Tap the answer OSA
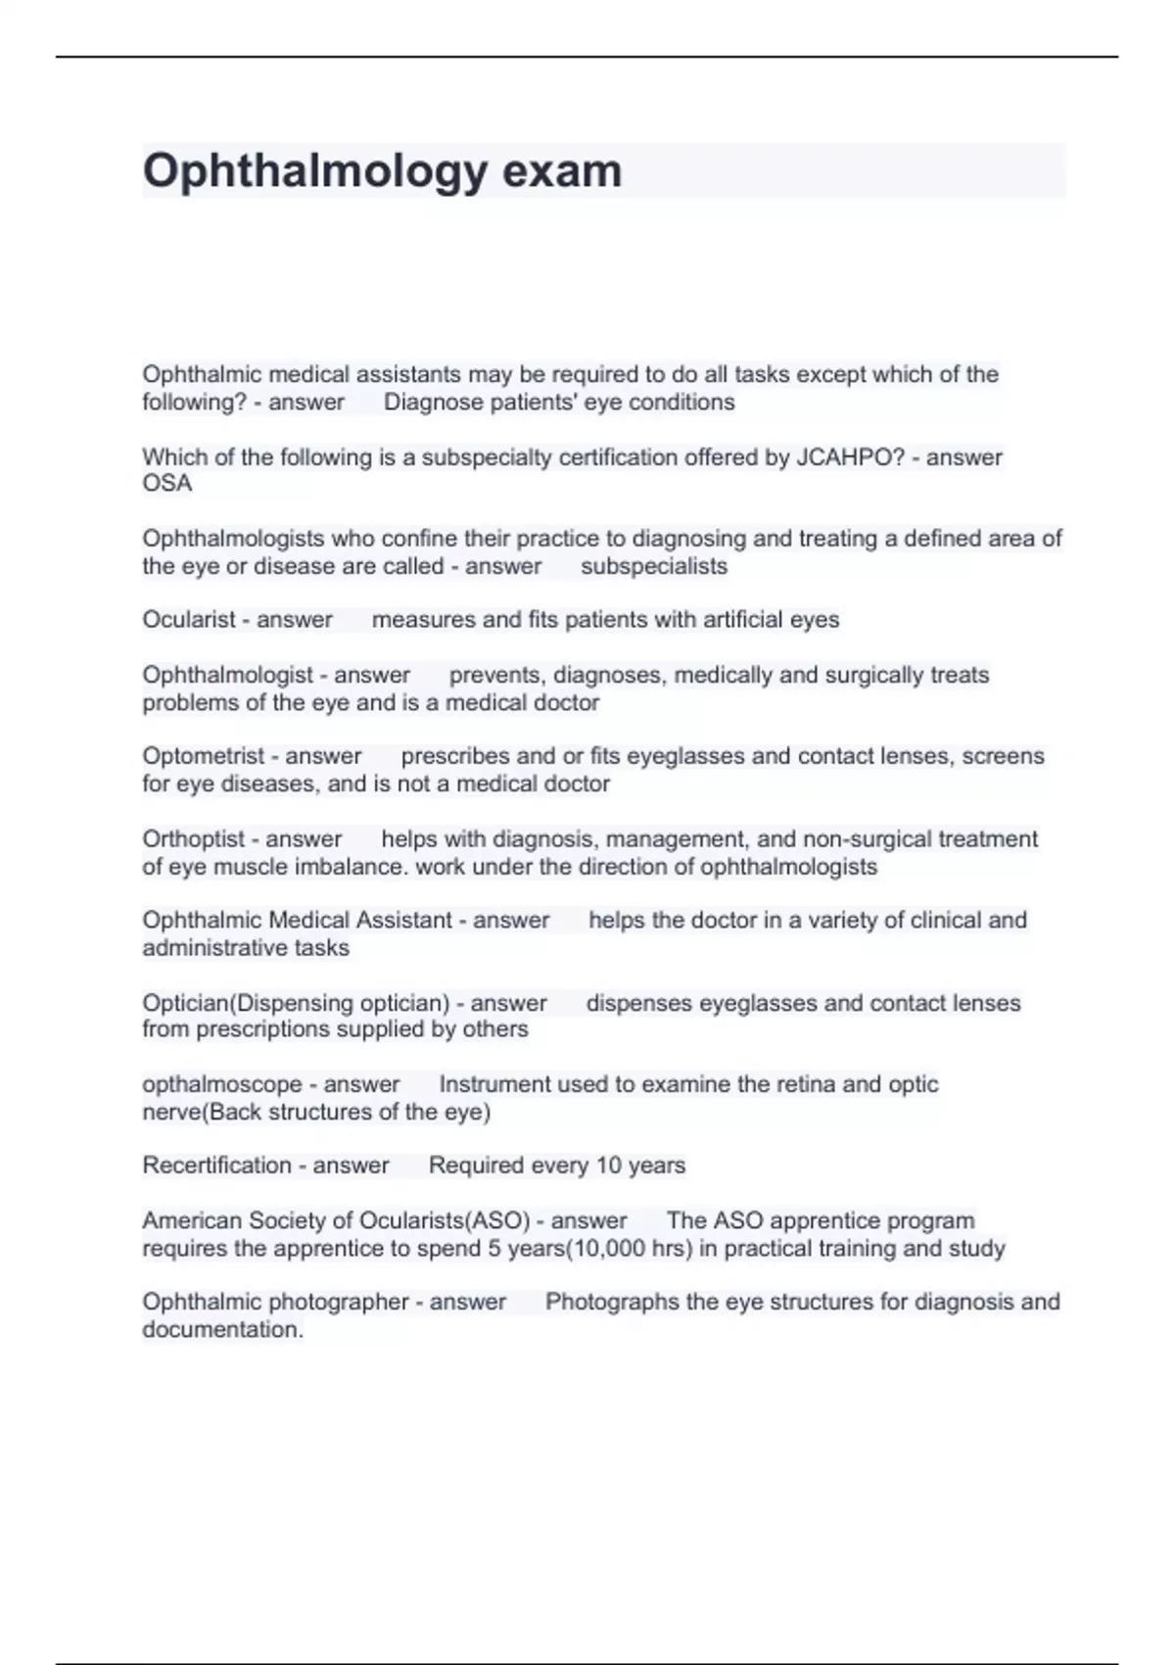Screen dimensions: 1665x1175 click(167, 484)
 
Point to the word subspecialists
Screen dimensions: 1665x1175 click(654, 566)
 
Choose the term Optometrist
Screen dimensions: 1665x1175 click(203, 756)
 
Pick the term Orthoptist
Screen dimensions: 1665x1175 click(193, 839)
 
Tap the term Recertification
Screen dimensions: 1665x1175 click(216, 1165)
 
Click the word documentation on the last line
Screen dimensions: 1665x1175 click(222, 1330)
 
